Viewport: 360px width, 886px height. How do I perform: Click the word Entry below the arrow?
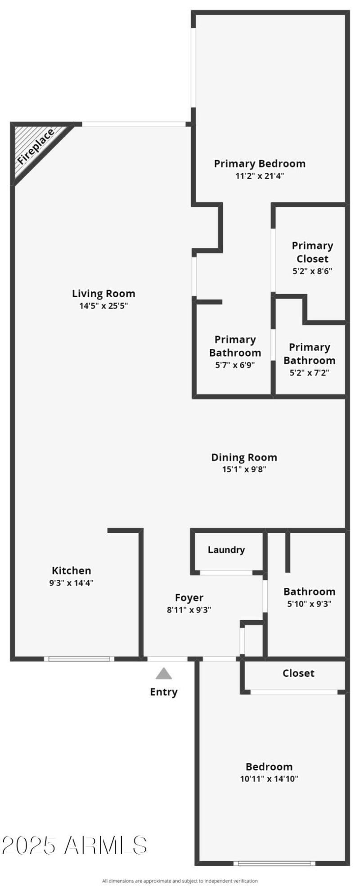[x=164, y=692]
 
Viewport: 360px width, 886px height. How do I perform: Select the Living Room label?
[x=103, y=294]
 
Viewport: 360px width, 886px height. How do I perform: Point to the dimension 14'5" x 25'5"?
[x=103, y=306]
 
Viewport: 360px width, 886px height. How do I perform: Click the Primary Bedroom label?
[x=260, y=164]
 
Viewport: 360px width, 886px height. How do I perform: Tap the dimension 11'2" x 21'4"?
[x=260, y=176]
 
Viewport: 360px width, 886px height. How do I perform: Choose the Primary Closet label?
[x=312, y=252]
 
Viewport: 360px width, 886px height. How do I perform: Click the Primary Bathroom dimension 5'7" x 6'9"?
[x=235, y=365]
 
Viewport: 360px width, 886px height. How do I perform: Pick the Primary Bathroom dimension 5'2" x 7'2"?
[x=309, y=373]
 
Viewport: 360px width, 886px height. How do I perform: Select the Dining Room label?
[x=244, y=457]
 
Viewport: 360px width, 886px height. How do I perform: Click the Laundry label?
[x=226, y=550]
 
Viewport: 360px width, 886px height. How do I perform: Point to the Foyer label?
[x=189, y=598]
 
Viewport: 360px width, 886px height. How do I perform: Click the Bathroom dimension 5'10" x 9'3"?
[x=309, y=604]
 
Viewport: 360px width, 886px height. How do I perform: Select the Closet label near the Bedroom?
[x=298, y=673]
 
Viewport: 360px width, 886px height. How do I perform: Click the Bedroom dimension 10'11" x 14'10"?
[x=269, y=779]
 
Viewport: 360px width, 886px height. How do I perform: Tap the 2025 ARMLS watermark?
[x=74, y=846]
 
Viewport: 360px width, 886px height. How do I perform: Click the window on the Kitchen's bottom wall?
[x=79, y=659]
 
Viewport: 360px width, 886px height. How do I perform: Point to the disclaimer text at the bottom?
[x=180, y=881]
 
